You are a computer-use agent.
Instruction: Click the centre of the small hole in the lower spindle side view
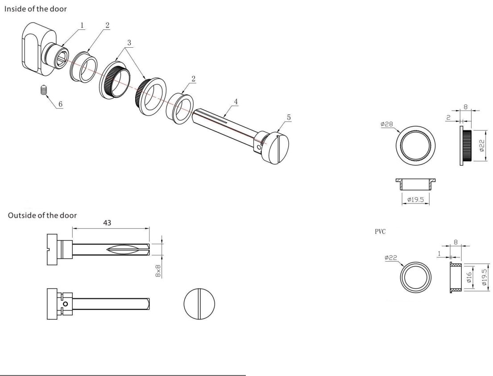coord(66,304)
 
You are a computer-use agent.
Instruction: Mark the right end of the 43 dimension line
coord(149,228)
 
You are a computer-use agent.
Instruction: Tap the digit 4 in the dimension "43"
coord(105,223)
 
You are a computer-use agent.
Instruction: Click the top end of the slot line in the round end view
coord(199,288)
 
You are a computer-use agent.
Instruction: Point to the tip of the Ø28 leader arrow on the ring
coord(400,132)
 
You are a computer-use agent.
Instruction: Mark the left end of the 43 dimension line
coord(73,228)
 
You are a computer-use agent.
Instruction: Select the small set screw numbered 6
coord(44,90)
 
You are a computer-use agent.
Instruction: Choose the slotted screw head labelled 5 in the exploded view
coord(278,148)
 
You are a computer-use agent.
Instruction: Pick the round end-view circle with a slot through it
coord(199,304)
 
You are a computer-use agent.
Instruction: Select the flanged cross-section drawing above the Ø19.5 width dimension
coord(416,184)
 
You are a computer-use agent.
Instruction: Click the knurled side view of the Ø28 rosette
coord(466,146)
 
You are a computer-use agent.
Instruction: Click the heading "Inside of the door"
coord(36,9)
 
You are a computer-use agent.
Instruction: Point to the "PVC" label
coord(380,231)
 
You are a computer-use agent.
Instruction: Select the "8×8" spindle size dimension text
coord(158,271)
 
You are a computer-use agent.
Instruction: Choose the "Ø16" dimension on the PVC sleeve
coord(469,277)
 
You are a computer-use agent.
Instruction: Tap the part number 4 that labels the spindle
coord(236,102)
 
